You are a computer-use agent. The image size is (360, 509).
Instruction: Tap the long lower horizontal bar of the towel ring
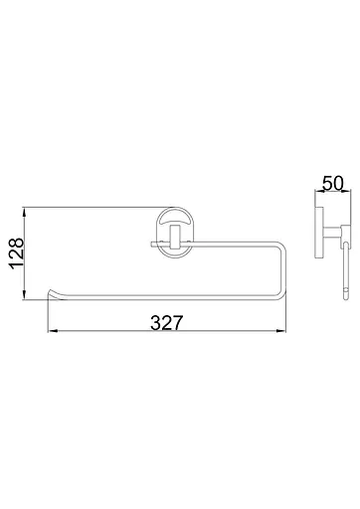[x=169, y=297]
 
